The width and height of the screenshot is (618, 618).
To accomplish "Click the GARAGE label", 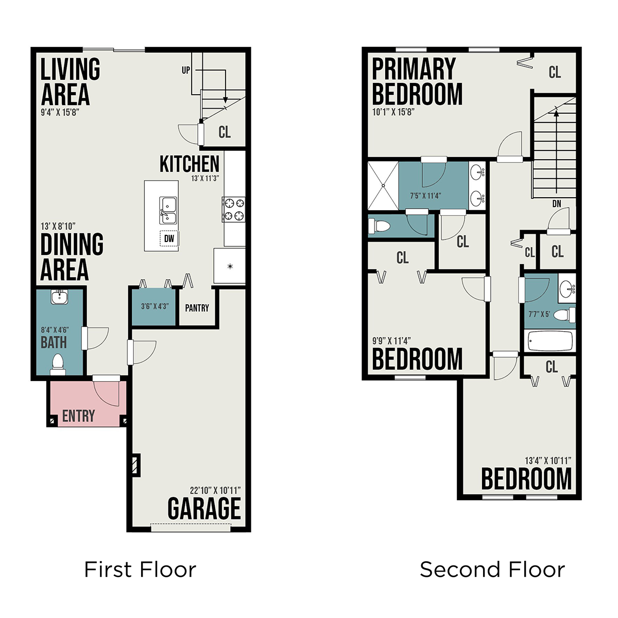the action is pyautogui.click(x=204, y=508).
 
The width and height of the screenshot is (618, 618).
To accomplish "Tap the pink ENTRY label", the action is pyautogui.click(x=79, y=416).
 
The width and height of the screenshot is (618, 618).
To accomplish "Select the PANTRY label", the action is pyautogui.click(x=197, y=308).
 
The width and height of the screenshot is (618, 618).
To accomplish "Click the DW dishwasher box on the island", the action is pyautogui.click(x=169, y=238).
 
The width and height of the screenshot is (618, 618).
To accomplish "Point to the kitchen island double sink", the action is pyautogui.click(x=168, y=211).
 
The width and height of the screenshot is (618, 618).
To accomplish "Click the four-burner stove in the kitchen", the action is pyautogui.click(x=234, y=210).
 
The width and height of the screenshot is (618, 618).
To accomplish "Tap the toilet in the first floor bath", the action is pyautogui.click(x=58, y=364).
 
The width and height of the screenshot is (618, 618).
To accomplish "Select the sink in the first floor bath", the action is pyautogui.click(x=59, y=297).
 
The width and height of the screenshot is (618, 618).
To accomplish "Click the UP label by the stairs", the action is pyautogui.click(x=186, y=70).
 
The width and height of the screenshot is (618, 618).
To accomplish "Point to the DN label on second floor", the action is pyautogui.click(x=557, y=203).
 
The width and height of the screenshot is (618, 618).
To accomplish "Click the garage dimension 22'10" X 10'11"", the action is pyautogui.click(x=215, y=490).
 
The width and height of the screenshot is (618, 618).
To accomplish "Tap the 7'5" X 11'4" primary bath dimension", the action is pyautogui.click(x=425, y=195).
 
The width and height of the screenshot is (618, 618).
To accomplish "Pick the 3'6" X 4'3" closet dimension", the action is pyautogui.click(x=155, y=306).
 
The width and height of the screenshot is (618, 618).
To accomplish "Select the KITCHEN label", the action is pyautogui.click(x=190, y=164).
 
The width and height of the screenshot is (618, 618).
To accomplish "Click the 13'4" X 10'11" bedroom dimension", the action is pyautogui.click(x=548, y=460).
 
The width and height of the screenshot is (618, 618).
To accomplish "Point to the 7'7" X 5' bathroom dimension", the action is pyautogui.click(x=539, y=314).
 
